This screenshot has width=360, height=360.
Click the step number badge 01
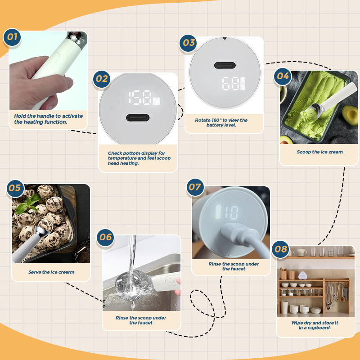12,37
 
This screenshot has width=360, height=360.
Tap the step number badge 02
102,79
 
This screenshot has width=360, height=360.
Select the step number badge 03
188,43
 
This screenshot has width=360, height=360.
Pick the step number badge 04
283,76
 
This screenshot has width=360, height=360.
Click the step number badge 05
15,189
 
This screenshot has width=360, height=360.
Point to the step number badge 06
105,238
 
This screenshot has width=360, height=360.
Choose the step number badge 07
195,187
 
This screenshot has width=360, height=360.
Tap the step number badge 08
280,249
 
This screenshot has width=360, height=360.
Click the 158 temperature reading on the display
140,98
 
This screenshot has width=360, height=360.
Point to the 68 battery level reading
231,83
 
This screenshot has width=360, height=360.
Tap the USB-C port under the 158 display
138,118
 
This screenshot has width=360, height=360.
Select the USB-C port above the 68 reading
225,65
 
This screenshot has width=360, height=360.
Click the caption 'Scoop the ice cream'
319,152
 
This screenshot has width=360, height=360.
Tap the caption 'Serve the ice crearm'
51,272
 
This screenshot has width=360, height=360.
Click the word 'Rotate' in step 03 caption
202,120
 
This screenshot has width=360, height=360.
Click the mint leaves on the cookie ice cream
27,204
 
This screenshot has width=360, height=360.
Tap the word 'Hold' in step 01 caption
20,116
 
